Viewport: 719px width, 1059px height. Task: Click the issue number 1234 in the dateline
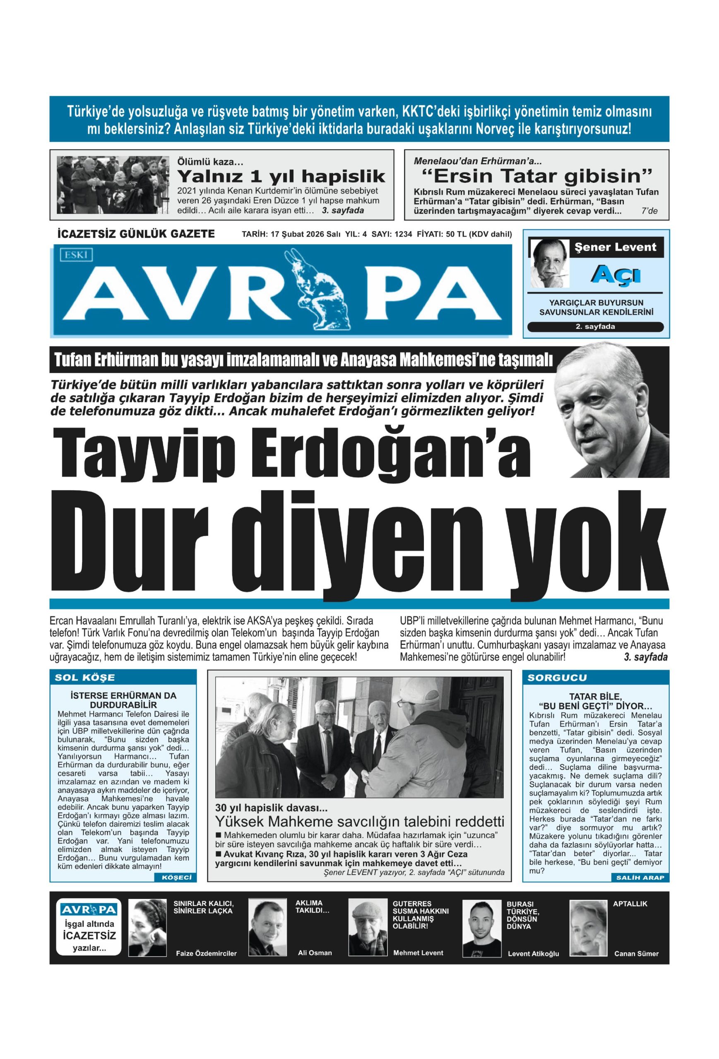[x=403, y=234]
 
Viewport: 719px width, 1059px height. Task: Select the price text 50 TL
[x=457, y=234]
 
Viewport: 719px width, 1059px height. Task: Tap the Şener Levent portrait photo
[x=549, y=264]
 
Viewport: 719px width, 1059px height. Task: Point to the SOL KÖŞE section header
[x=85, y=677]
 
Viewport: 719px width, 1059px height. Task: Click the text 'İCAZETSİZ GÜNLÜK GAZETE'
[x=136, y=234]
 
